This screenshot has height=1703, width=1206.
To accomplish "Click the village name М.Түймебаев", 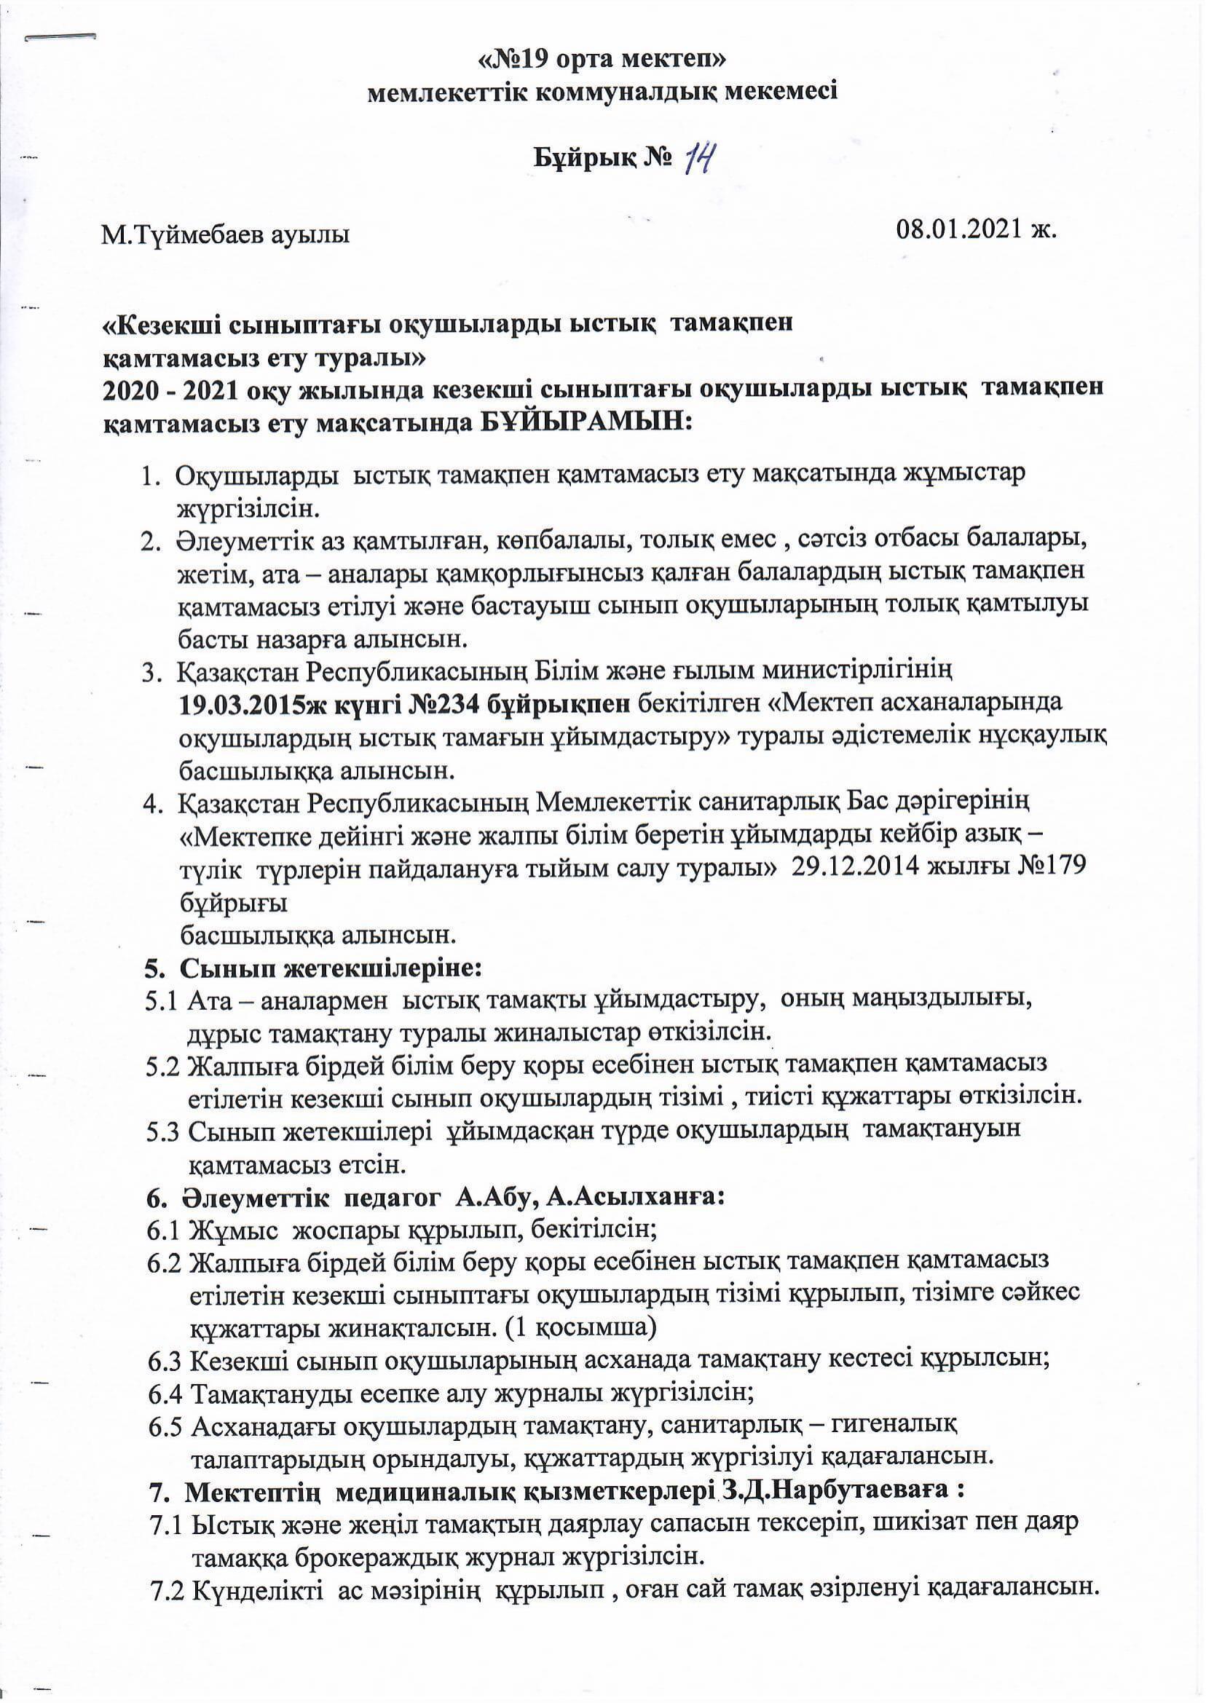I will (x=171, y=237).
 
